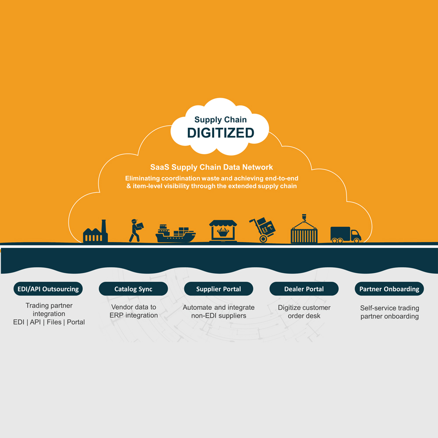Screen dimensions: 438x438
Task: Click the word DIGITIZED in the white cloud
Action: (x=221, y=133)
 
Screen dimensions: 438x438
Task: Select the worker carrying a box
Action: (x=136, y=230)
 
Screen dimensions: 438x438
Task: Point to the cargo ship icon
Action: (x=176, y=233)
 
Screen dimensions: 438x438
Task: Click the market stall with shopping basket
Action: (x=223, y=231)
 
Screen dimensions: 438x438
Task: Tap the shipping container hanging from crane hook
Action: (x=304, y=229)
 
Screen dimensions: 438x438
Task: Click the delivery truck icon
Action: (x=346, y=234)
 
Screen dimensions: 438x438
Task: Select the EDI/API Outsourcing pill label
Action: (x=48, y=289)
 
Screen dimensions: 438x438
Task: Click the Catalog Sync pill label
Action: (x=133, y=289)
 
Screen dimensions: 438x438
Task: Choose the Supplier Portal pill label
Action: (x=219, y=289)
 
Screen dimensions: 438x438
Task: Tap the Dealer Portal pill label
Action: (x=304, y=289)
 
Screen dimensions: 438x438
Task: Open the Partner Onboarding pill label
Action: (x=389, y=289)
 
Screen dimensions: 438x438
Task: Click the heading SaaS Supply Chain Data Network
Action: (x=212, y=167)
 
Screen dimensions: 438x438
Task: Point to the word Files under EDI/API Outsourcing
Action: (x=54, y=322)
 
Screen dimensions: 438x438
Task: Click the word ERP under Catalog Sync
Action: (x=117, y=315)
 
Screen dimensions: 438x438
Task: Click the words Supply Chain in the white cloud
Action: (x=220, y=120)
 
